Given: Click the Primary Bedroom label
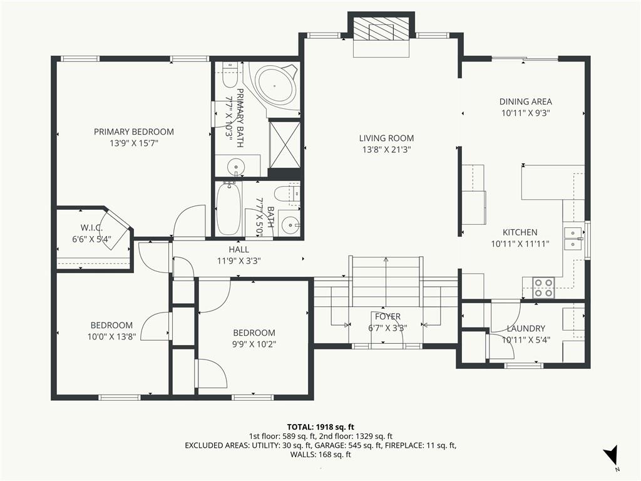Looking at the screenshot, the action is tap(134, 132).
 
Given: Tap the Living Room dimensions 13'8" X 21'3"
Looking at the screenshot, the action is tap(386, 150).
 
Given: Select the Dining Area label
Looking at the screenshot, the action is tap(526, 101).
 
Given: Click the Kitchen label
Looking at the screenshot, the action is tap(520, 232).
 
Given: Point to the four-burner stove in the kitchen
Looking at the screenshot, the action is tap(544, 287).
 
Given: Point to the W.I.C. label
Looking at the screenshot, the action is tap(91, 228).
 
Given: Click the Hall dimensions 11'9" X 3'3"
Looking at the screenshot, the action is tap(239, 261).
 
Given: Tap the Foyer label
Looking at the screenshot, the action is tap(387, 316).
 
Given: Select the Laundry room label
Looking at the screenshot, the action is tap(526, 328).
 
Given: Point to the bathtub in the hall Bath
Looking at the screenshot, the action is tap(228, 209).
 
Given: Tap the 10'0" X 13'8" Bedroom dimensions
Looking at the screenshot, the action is tap(111, 336).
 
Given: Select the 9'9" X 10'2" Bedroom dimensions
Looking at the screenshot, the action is tap(254, 344).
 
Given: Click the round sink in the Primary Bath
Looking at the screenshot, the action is tap(236, 167).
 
